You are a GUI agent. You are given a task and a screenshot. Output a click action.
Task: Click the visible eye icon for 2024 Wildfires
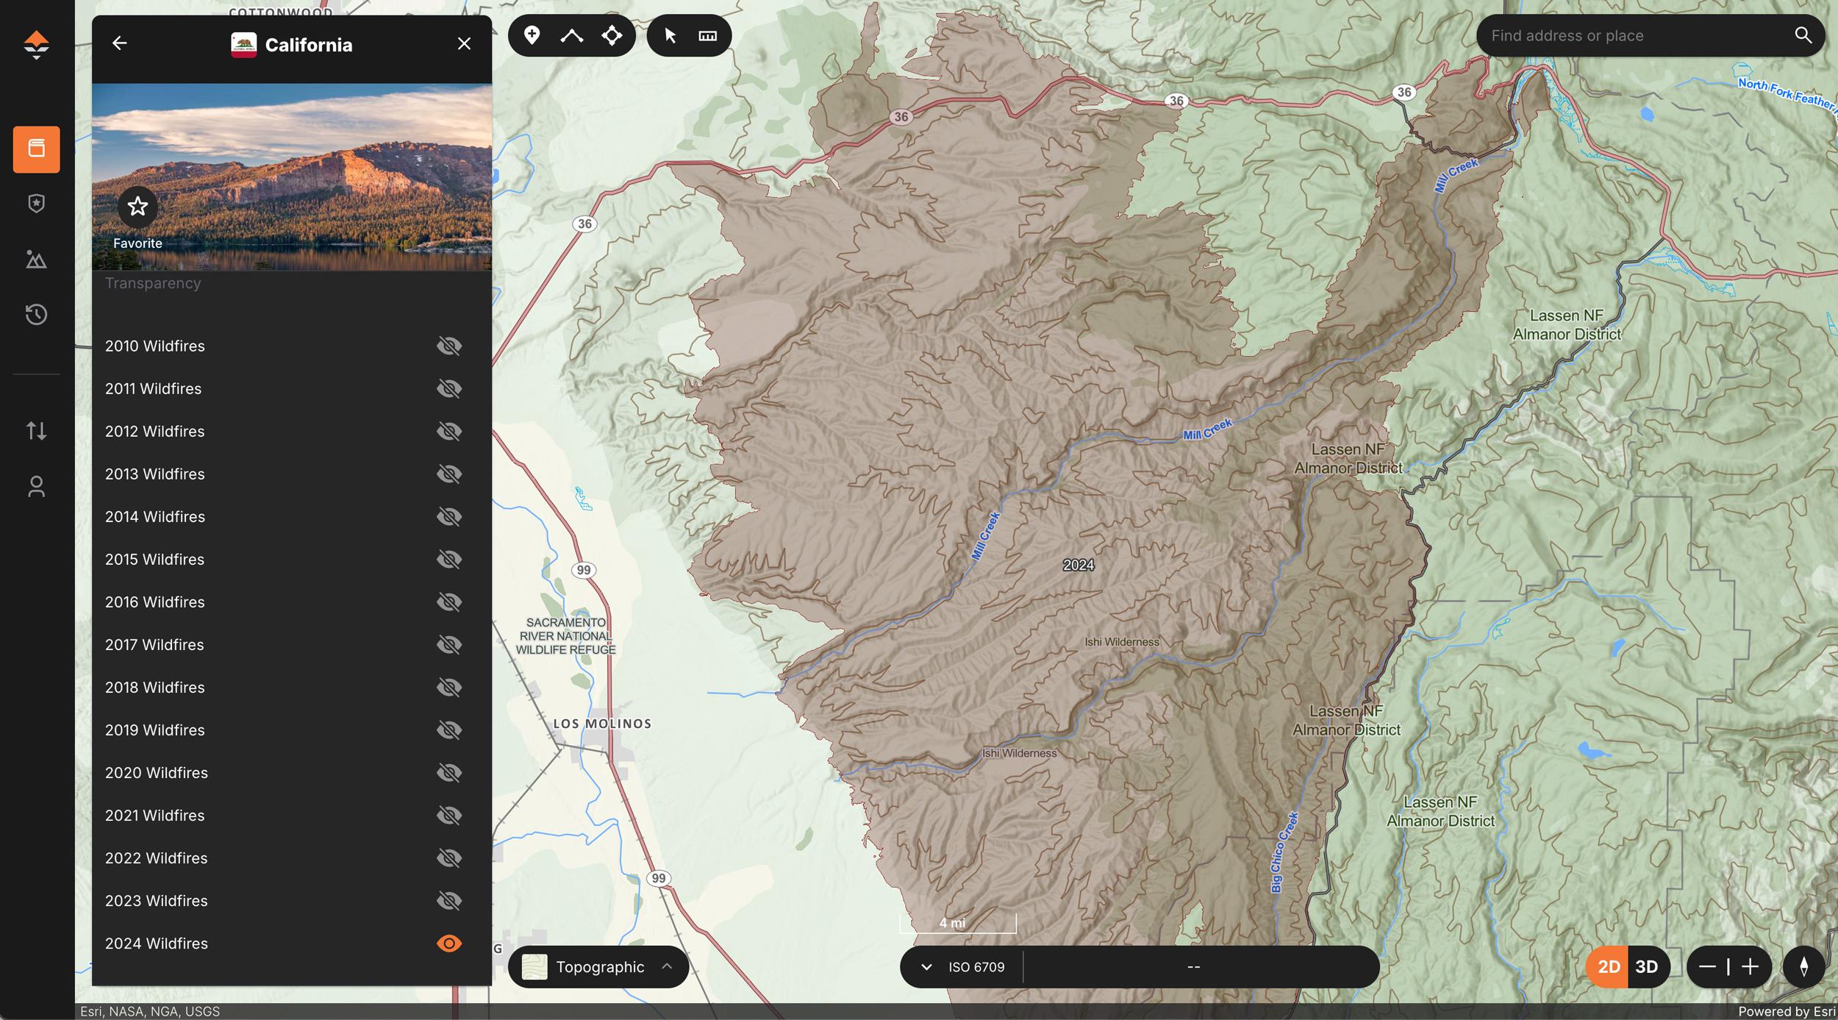coord(449,944)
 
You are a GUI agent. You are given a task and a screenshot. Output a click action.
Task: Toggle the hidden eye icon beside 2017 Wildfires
coord(449,645)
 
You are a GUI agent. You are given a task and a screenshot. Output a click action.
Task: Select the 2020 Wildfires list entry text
coord(156,773)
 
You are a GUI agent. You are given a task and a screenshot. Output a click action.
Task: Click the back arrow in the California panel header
coord(119,44)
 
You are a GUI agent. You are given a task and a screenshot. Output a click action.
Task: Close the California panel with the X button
coord(464,44)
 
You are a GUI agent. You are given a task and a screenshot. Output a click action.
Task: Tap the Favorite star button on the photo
coord(137,207)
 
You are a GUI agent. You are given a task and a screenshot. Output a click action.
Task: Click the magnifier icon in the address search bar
coord(1803,35)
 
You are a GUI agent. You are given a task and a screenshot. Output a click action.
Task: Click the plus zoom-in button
coord(1751,967)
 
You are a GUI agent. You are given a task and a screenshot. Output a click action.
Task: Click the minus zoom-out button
coord(1707,967)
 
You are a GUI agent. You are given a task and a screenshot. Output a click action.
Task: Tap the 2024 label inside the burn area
coord(1078,565)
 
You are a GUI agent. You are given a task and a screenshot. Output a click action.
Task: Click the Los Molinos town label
coord(602,724)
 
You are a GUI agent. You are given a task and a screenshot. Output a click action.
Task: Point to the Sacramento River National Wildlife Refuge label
coord(565,636)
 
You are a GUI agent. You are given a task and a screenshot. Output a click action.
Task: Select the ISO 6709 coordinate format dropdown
coord(963,967)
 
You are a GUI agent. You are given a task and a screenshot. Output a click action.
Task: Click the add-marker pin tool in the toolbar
coord(532,35)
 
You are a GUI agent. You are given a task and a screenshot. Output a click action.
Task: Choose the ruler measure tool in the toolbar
coord(707,35)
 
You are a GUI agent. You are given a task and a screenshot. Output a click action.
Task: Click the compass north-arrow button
coord(1803,967)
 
